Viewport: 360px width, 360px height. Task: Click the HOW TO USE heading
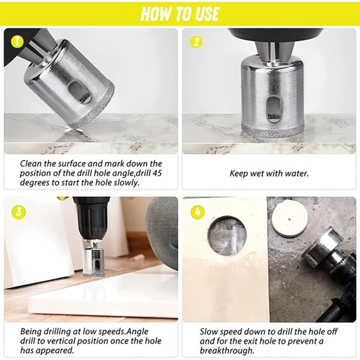[x=180, y=14]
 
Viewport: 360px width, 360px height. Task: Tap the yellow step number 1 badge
[x=17, y=42]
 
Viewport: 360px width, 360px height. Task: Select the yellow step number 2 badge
[x=196, y=42]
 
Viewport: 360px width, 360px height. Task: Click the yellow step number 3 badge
[x=18, y=212]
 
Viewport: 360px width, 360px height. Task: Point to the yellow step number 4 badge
[x=197, y=212]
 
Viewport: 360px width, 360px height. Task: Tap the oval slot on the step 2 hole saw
[x=274, y=109]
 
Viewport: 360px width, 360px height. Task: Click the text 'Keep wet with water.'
[x=269, y=173]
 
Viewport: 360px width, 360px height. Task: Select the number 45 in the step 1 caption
[x=157, y=173]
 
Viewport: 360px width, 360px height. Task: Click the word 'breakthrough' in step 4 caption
[x=226, y=350]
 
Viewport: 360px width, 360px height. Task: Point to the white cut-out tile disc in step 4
[x=290, y=219]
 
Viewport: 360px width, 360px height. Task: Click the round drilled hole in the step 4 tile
[x=227, y=236]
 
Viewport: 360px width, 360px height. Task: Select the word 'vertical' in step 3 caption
[x=59, y=341]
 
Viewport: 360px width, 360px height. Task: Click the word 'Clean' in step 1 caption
[x=31, y=163]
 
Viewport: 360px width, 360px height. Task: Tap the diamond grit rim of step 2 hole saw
[x=273, y=131]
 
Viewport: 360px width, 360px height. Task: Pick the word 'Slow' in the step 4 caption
[x=209, y=332]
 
